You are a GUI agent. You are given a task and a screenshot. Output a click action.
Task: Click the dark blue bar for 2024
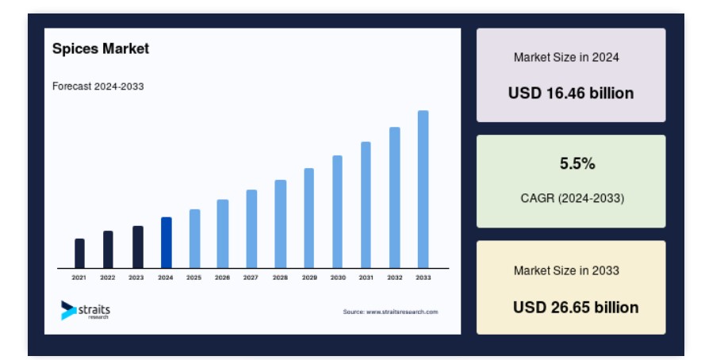point(167,243)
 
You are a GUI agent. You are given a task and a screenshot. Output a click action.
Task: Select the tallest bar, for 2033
point(423,190)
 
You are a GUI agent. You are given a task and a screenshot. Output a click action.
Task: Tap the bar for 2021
point(80,254)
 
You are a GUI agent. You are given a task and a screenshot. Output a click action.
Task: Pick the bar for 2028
point(281,224)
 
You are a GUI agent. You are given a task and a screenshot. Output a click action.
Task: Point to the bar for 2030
point(338,212)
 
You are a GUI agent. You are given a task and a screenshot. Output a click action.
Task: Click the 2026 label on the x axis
point(222,278)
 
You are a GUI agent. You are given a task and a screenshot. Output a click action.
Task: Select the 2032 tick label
point(395,278)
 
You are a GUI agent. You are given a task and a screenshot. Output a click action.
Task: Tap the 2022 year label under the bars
point(108,278)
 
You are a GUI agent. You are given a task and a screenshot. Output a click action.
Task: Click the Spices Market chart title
point(101,49)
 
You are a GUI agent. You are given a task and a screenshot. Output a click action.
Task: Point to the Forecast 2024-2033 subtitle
point(98,86)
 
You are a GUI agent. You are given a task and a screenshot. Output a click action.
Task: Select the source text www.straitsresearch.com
point(402,312)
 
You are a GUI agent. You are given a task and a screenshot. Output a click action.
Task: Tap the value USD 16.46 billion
point(571,94)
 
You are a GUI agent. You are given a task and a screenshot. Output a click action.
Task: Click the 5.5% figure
point(577,163)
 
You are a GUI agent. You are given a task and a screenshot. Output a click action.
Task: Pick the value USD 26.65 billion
point(576,308)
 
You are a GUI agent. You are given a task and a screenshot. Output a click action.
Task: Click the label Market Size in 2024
point(566,58)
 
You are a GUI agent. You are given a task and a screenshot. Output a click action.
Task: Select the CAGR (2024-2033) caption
point(573,198)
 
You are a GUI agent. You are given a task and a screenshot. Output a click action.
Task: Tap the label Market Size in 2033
point(566,271)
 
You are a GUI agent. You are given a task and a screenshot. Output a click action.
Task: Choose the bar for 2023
point(138,247)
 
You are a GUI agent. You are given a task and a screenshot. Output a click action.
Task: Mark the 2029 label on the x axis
point(309,278)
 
